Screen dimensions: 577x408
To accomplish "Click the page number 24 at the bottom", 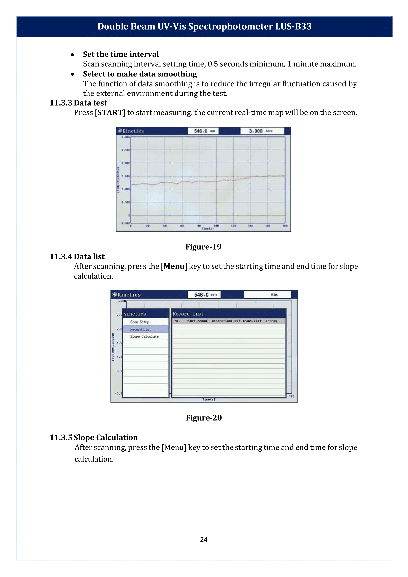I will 203,539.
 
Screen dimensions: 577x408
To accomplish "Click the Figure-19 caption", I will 203,247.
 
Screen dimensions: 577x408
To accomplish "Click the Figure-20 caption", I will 203,418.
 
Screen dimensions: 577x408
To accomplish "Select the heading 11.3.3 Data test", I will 78,103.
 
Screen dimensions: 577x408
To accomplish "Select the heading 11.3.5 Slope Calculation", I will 93,437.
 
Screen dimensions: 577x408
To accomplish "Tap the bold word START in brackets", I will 110,112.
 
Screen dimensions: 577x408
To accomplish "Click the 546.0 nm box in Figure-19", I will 203,131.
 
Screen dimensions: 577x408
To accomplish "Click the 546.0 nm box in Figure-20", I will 204,294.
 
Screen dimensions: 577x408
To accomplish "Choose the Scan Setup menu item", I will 140,322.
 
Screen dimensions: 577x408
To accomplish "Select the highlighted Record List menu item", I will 141,329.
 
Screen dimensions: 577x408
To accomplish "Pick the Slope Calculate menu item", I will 144,336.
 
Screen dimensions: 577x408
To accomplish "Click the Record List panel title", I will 188,314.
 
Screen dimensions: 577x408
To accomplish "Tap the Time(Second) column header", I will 197,321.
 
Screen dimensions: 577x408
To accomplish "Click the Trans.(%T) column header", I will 251,321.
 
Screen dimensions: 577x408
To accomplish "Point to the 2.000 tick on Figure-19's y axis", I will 126,163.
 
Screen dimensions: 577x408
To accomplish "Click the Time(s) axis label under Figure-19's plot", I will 208,228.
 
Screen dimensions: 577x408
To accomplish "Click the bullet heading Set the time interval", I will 121,54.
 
